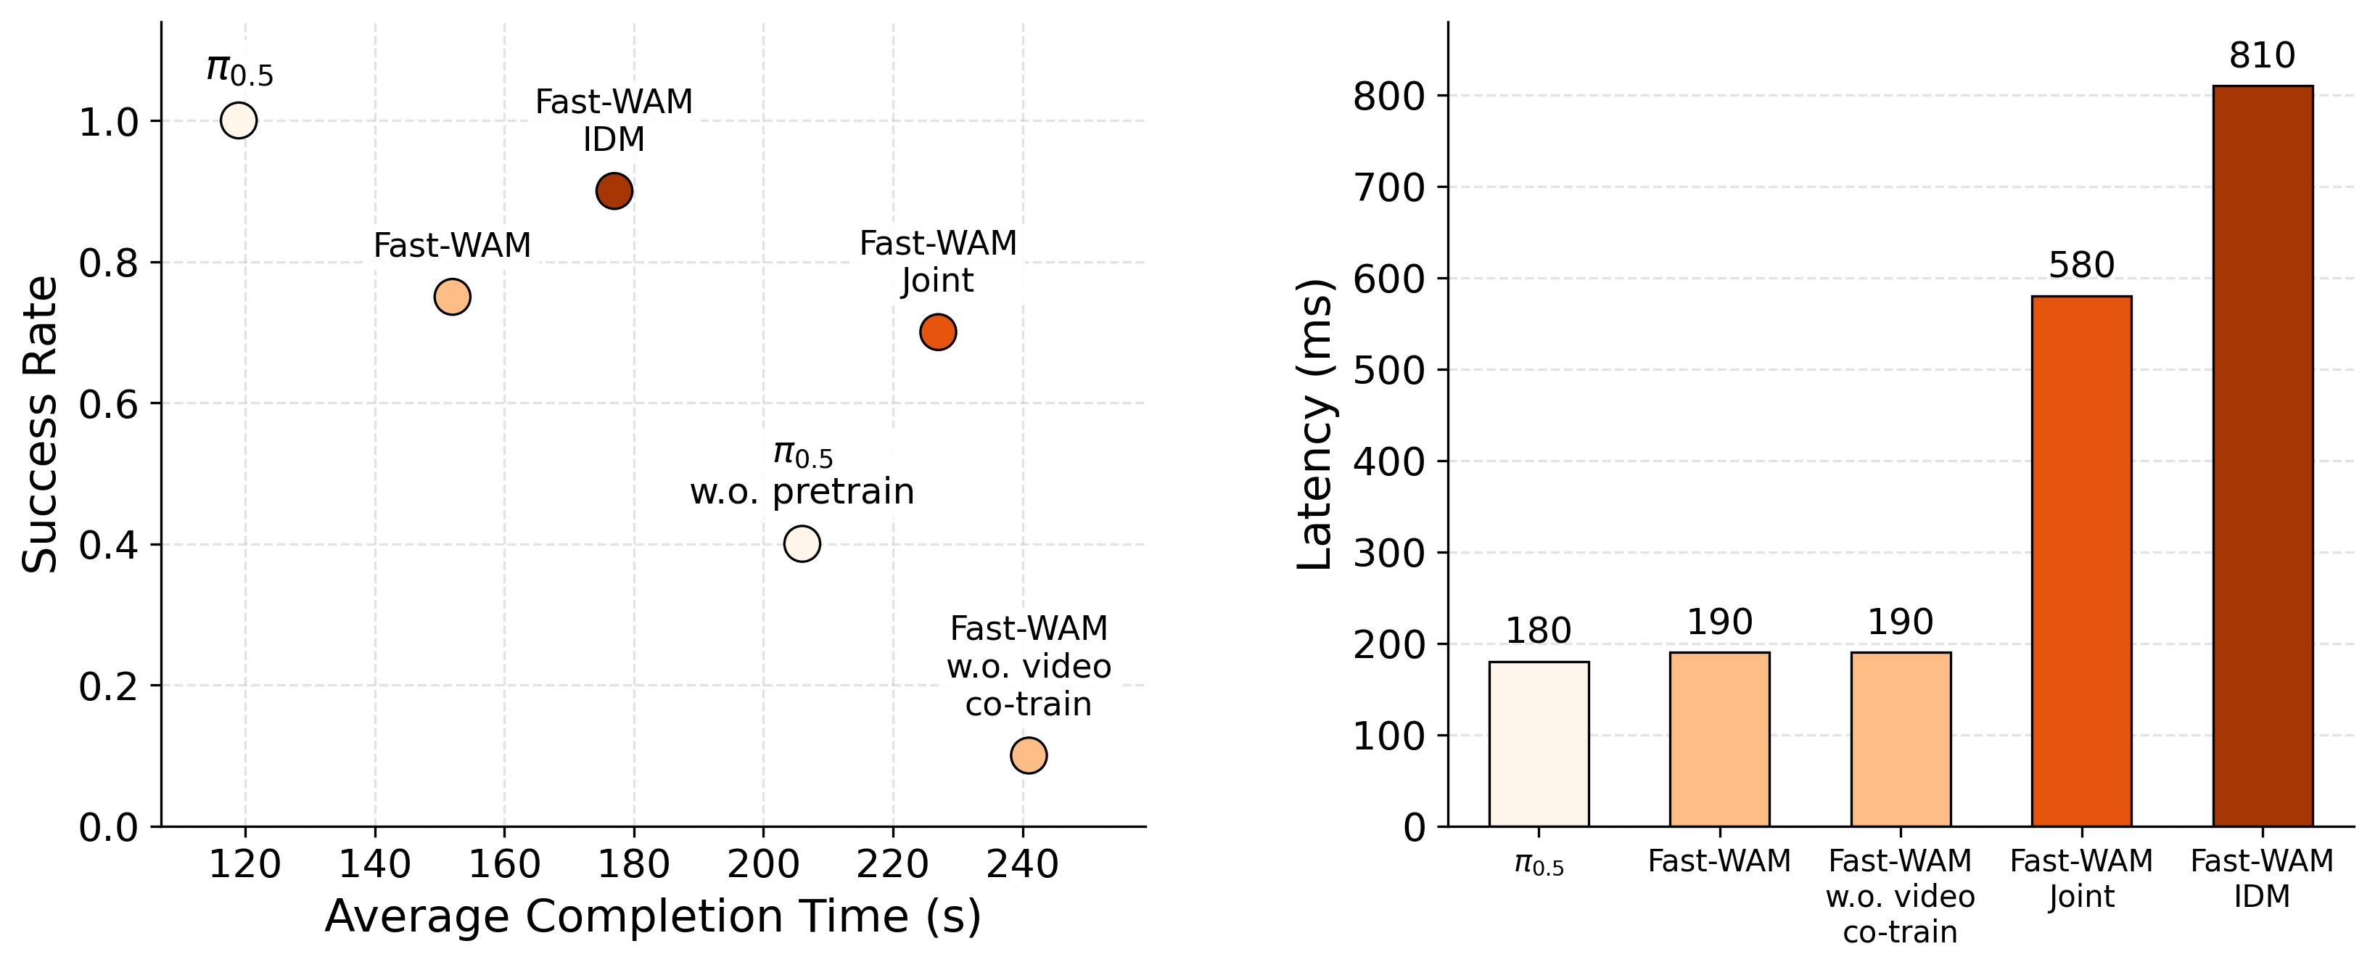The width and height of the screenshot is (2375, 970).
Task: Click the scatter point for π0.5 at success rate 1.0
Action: click(239, 120)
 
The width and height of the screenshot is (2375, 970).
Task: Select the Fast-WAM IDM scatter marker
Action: click(614, 191)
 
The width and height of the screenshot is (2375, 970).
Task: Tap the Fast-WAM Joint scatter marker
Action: click(938, 332)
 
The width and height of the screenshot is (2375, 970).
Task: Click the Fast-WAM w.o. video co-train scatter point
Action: click(1029, 755)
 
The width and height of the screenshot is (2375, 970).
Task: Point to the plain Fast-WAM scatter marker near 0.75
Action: click(453, 297)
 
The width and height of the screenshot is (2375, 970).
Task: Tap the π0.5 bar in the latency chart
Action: click(1539, 744)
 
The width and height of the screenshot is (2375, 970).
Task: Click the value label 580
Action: click(2082, 266)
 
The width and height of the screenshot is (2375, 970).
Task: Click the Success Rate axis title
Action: click(41, 424)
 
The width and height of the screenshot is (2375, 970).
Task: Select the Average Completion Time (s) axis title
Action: click(653, 916)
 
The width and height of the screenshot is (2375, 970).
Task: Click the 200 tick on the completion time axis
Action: click(763, 865)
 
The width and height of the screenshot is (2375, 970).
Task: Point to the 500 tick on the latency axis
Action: click(1388, 370)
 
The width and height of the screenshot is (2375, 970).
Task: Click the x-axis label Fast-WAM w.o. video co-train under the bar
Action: click(1900, 896)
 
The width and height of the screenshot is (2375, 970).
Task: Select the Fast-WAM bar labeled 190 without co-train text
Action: click(1719, 739)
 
